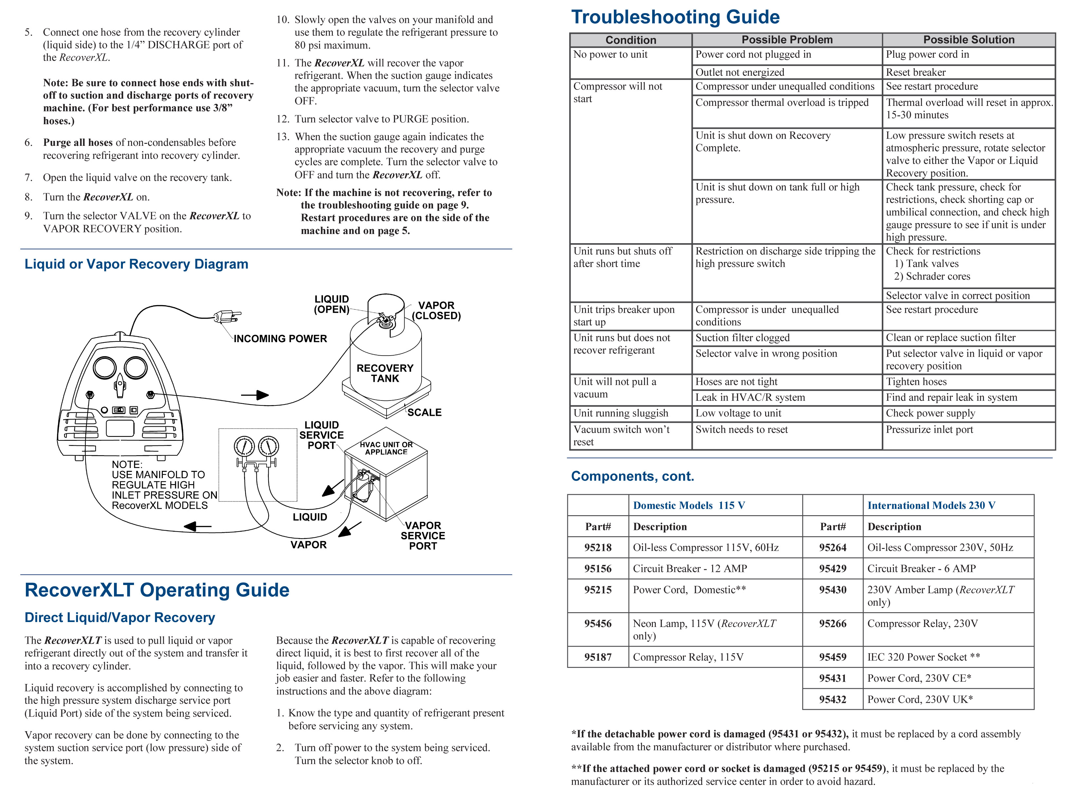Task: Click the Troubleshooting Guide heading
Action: pyautogui.click(x=675, y=17)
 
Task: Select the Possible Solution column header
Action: pyautogui.click(x=968, y=40)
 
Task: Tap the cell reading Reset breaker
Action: pyautogui.click(x=915, y=72)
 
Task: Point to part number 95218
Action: pyautogui.click(x=598, y=547)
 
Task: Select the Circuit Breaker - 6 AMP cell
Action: pyautogui.click(x=921, y=569)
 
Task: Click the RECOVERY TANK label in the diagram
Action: pyautogui.click(x=385, y=373)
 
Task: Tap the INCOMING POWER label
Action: pyautogui.click(x=280, y=339)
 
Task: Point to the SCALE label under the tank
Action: pyautogui.click(x=424, y=413)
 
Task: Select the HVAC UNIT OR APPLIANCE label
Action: pyautogui.click(x=386, y=448)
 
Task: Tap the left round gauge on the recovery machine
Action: pyautogui.click(x=104, y=368)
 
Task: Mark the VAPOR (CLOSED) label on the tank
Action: pyautogui.click(x=436, y=310)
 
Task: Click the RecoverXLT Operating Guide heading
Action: pyautogui.click(x=157, y=590)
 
